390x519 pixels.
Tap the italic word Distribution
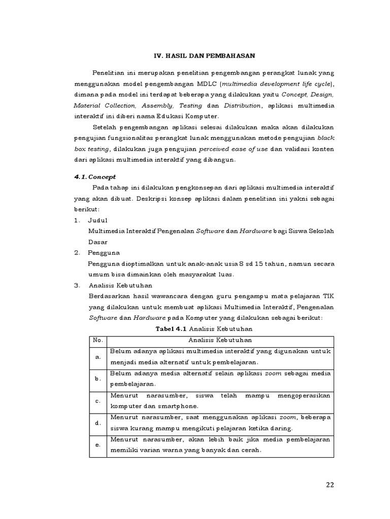[241, 105]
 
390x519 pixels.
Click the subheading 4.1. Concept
[95, 177]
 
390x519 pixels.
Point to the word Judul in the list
[98, 220]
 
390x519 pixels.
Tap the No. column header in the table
[97, 340]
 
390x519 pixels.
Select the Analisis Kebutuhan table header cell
[220, 340]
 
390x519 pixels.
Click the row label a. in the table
[97, 357]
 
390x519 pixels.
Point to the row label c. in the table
[97, 400]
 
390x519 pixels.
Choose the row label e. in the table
[97, 444]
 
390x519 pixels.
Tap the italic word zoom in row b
[274, 374]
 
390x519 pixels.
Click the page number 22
[330, 485]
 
